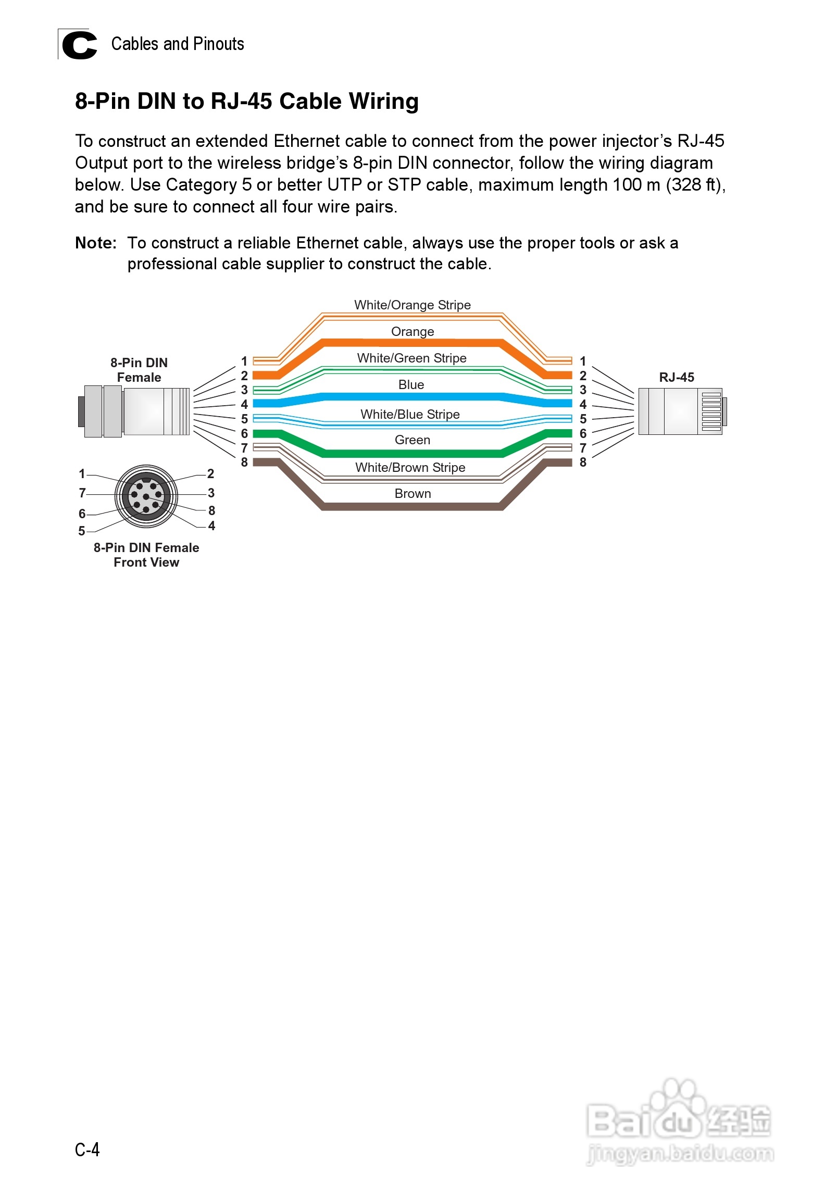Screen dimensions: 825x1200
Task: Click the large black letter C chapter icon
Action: [x=79, y=45]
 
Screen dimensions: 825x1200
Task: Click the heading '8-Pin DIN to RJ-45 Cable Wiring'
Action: [x=247, y=101]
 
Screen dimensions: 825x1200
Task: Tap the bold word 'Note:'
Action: [x=96, y=243]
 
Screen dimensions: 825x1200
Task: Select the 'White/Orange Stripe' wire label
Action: [x=413, y=305]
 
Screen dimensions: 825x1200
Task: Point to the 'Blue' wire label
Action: [x=411, y=385]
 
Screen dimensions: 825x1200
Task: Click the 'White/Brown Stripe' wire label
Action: [x=410, y=468]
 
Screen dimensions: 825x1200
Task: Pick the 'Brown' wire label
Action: [x=413, y=494]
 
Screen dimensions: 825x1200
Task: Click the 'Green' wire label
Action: [x=413, y=440]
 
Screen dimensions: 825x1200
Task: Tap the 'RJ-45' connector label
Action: [x=677, y=378]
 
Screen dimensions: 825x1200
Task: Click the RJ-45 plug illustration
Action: [x=682, y=411]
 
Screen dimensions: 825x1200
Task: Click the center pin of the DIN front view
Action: [x=146, y=496]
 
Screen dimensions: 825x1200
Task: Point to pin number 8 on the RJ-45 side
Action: [x=583, y=463]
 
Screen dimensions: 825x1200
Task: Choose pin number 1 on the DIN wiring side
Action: [x=244, y=361]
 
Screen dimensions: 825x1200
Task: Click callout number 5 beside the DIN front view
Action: [x=82, y=531]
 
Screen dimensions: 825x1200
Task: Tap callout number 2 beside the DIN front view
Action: [x=210, y=474]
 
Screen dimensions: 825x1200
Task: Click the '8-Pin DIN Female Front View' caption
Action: [x=146, y=555]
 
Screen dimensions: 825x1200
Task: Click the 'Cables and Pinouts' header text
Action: [x=178, y=44]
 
